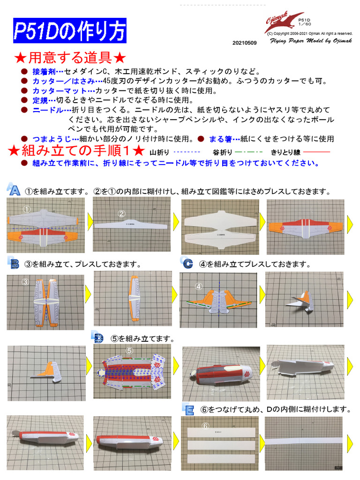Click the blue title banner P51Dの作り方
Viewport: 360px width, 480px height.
[x=69, y=31]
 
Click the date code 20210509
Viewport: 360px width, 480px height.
[x=244, y=43]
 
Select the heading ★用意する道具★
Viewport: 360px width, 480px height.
[x=70, y=58]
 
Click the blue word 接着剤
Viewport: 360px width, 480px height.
[x=44, y=72]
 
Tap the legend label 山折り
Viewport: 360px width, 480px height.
[x=160, y=152]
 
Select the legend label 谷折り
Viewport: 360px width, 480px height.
[x=222, y=152]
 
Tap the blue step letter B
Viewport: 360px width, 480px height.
[x=14, y=263]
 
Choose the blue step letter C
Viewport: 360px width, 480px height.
[x=188, y=263]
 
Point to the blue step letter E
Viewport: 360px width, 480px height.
[x=188, y=409]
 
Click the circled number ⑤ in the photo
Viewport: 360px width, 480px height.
[x=130, y=350]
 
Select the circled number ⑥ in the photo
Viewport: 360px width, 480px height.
[x=205, y=426]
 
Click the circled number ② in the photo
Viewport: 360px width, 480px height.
[x=122, y=214]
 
